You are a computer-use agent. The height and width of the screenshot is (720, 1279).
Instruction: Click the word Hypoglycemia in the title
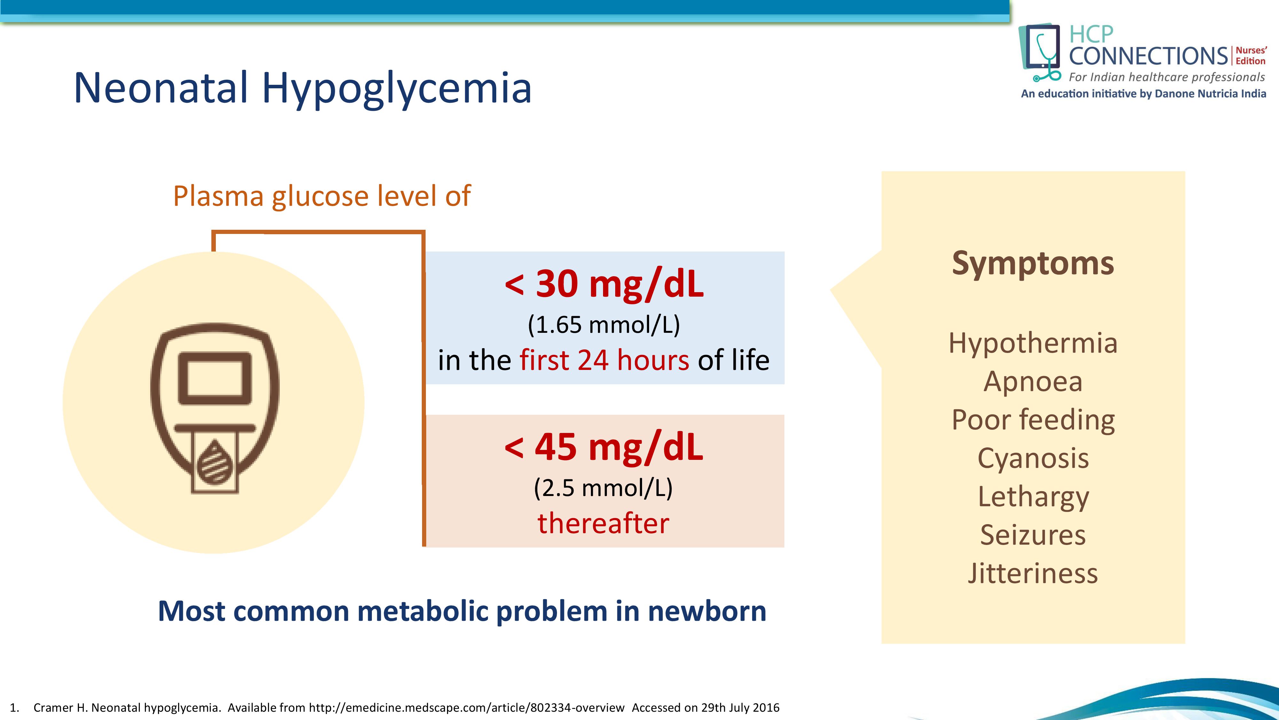coord(397,88)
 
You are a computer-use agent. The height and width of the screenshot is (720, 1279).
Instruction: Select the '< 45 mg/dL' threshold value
coord(604,447)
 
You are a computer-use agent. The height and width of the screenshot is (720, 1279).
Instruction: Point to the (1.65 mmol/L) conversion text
coord(604,325)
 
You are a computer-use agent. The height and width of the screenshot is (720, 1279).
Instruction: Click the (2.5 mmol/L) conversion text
coord(603,488)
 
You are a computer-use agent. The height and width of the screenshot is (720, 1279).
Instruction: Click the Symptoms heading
coord(1033,264)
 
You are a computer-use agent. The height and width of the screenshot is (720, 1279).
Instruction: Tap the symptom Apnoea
coord(1033,382)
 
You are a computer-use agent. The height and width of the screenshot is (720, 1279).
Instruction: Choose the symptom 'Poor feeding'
coord(1033,420)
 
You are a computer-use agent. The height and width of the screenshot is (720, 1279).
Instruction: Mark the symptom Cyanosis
coord(1033,458)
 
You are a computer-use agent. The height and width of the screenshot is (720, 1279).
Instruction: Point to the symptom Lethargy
coord(1033,497)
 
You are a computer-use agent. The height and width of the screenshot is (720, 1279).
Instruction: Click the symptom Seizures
coord(1033,535)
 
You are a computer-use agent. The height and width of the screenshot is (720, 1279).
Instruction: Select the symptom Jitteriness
coord(1033,573)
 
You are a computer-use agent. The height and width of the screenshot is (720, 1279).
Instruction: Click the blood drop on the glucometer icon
coord(215,462)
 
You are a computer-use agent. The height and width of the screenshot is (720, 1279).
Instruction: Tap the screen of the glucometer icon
coord(215,379)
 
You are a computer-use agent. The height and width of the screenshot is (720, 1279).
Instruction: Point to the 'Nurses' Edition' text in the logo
coord(1251,56)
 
